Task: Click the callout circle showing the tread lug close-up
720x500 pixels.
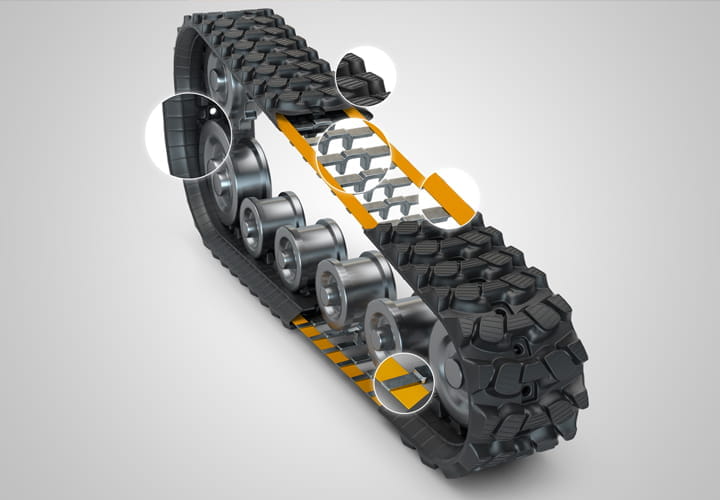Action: [x=365, y=76]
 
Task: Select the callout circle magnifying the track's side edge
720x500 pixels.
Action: [x=188, y=136]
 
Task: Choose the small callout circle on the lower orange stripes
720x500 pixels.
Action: [x=404, y=382]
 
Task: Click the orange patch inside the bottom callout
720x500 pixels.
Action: [x=409, y=394]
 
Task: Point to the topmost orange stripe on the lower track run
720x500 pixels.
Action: [x=301, y=322]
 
